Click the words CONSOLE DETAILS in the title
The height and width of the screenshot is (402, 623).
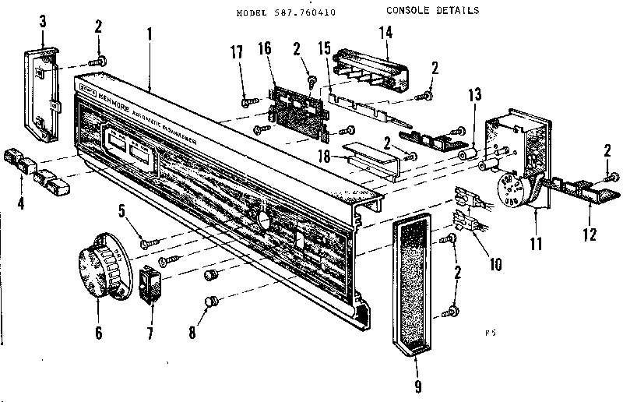coord(432,11)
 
